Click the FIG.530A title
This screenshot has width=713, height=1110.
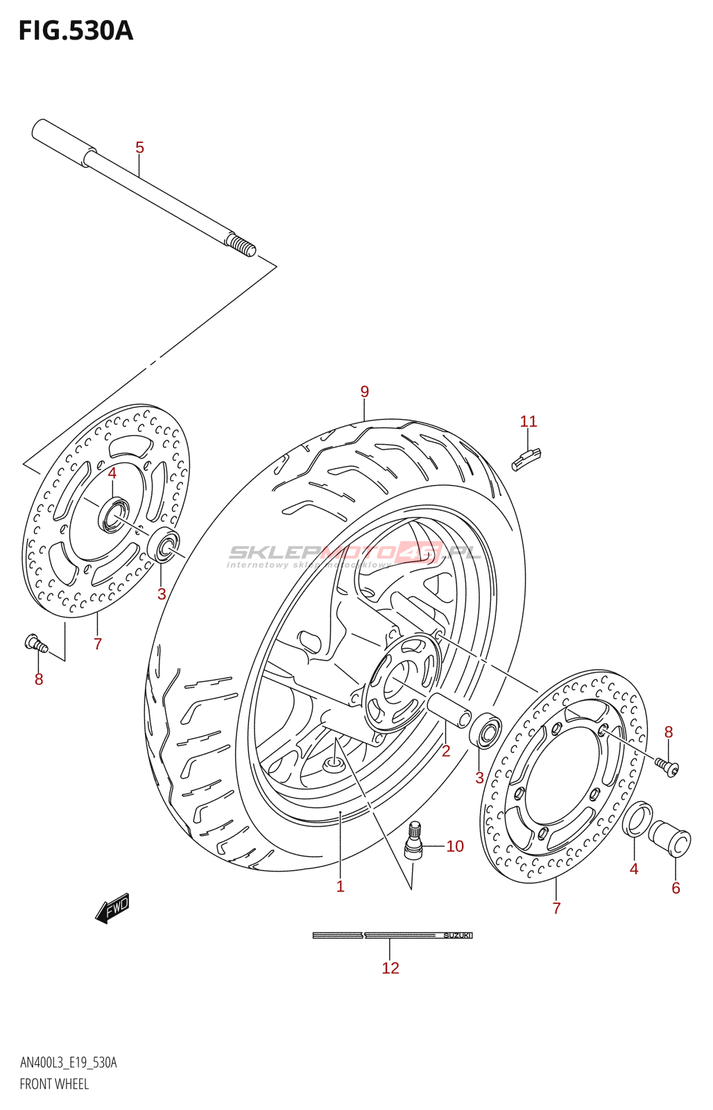tap(76, 31)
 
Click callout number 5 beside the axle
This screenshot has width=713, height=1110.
tap(139, 148)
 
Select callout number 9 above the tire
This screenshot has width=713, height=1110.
tap(365, 392)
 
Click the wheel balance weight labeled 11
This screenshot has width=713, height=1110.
tap(526, 459)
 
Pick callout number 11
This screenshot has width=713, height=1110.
tap(529, 421)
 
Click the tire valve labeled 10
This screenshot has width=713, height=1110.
tap(413, 841)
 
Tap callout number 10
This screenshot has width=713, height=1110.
tap(455, 846)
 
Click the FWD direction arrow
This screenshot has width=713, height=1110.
tap(112, 908)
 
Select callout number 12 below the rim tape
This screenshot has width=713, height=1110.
tap(390, 968)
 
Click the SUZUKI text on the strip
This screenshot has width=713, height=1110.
tap(457, 936)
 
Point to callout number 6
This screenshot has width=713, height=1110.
tap(676, 888)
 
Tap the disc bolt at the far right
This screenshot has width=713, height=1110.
tap(667, 766)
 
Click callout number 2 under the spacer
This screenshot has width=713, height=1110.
tap(446, 751)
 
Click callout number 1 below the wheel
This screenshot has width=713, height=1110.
tap(341, 887)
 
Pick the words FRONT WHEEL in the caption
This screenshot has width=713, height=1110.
tap(54, 1084)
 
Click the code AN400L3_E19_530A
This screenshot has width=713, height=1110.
tap(68, 1063)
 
